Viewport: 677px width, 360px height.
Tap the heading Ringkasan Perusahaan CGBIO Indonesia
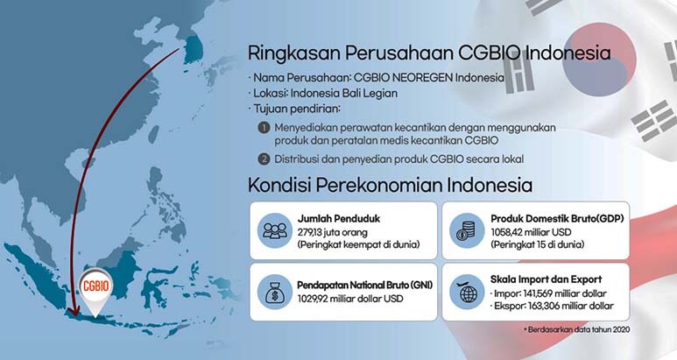pyautogui.click(x=428, y=53)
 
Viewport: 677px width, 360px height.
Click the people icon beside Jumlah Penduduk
pyautogui.click(x=272, y=230)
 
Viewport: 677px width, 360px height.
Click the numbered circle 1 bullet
pyautogui.click(x=263, y=128)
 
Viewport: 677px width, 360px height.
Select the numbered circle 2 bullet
pyautogui.click(x=263, y=159)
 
